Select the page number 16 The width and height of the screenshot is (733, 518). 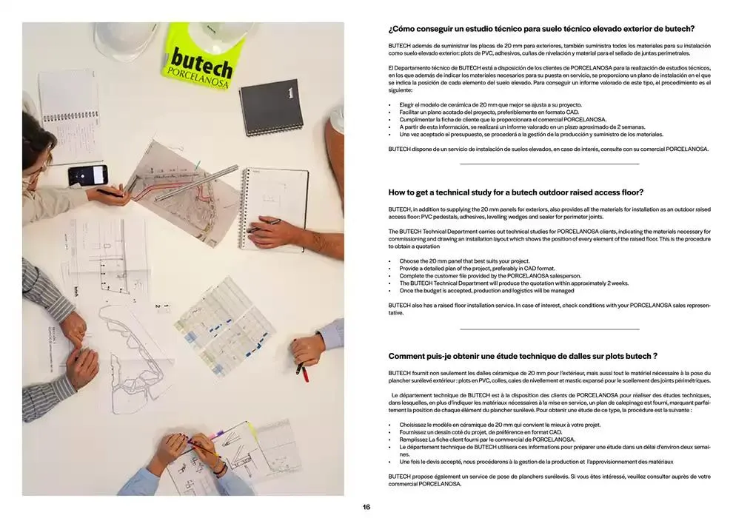(366, 507)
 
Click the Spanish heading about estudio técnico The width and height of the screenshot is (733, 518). (540, 29)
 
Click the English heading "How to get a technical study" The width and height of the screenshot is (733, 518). (515, 192)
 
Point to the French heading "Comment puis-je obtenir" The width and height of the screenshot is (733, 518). (523, 356)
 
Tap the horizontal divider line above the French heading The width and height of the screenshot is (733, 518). (549, 329)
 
